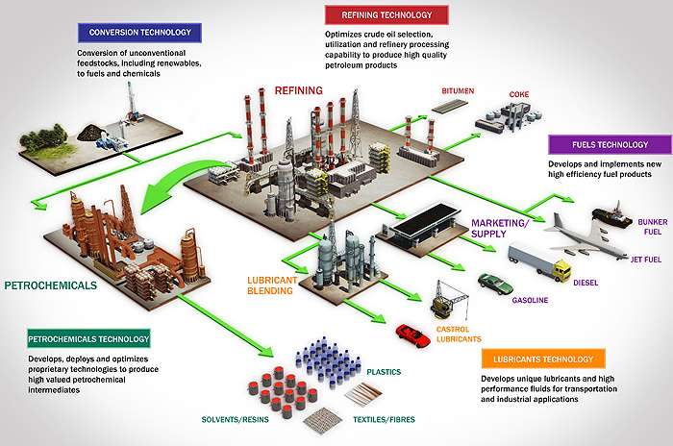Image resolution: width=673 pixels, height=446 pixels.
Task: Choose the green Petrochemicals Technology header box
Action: (87, 338)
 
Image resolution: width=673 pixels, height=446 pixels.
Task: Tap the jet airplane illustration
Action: (586, 231)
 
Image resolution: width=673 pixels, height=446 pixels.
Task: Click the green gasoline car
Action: (496, 284)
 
